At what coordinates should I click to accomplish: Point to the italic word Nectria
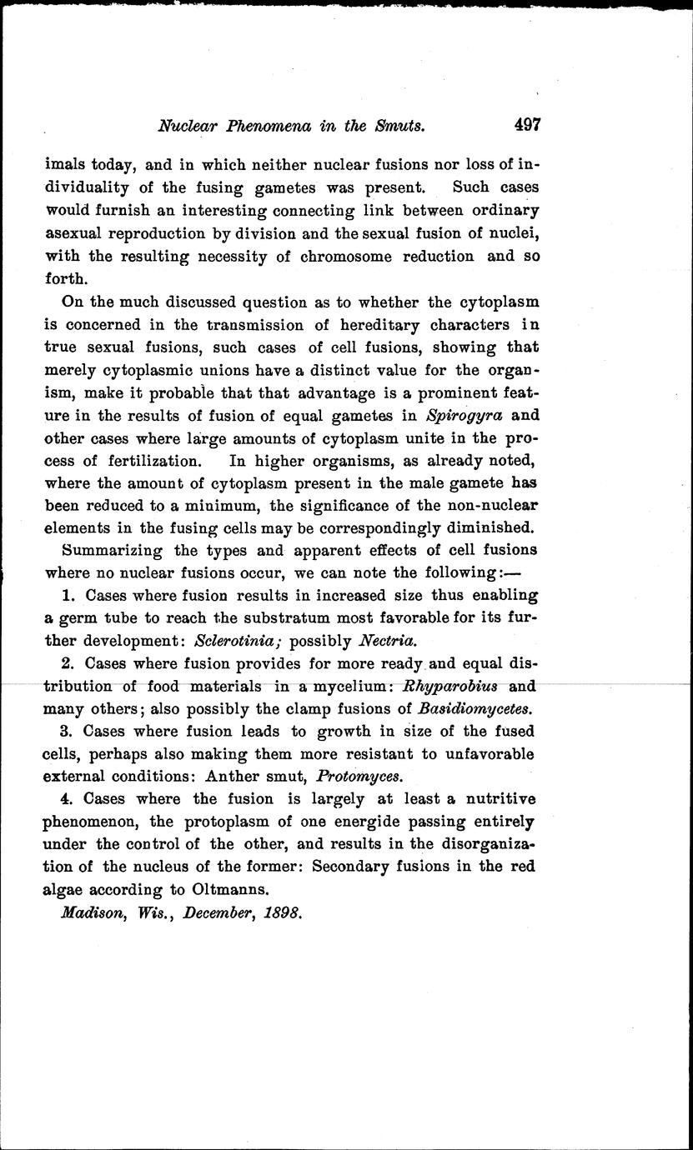pos(385,641)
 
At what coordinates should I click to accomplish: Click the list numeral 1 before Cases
pos(67,595)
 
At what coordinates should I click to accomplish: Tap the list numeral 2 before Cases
pos(67,663)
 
